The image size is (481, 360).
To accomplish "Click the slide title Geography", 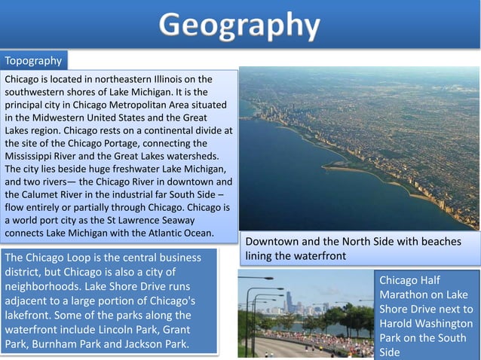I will tap(240, 25).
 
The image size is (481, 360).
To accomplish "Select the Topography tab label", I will tap(33, 60).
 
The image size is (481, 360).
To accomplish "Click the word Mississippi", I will tap(31, 156).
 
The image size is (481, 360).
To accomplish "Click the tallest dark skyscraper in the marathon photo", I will tap(289, 301).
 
